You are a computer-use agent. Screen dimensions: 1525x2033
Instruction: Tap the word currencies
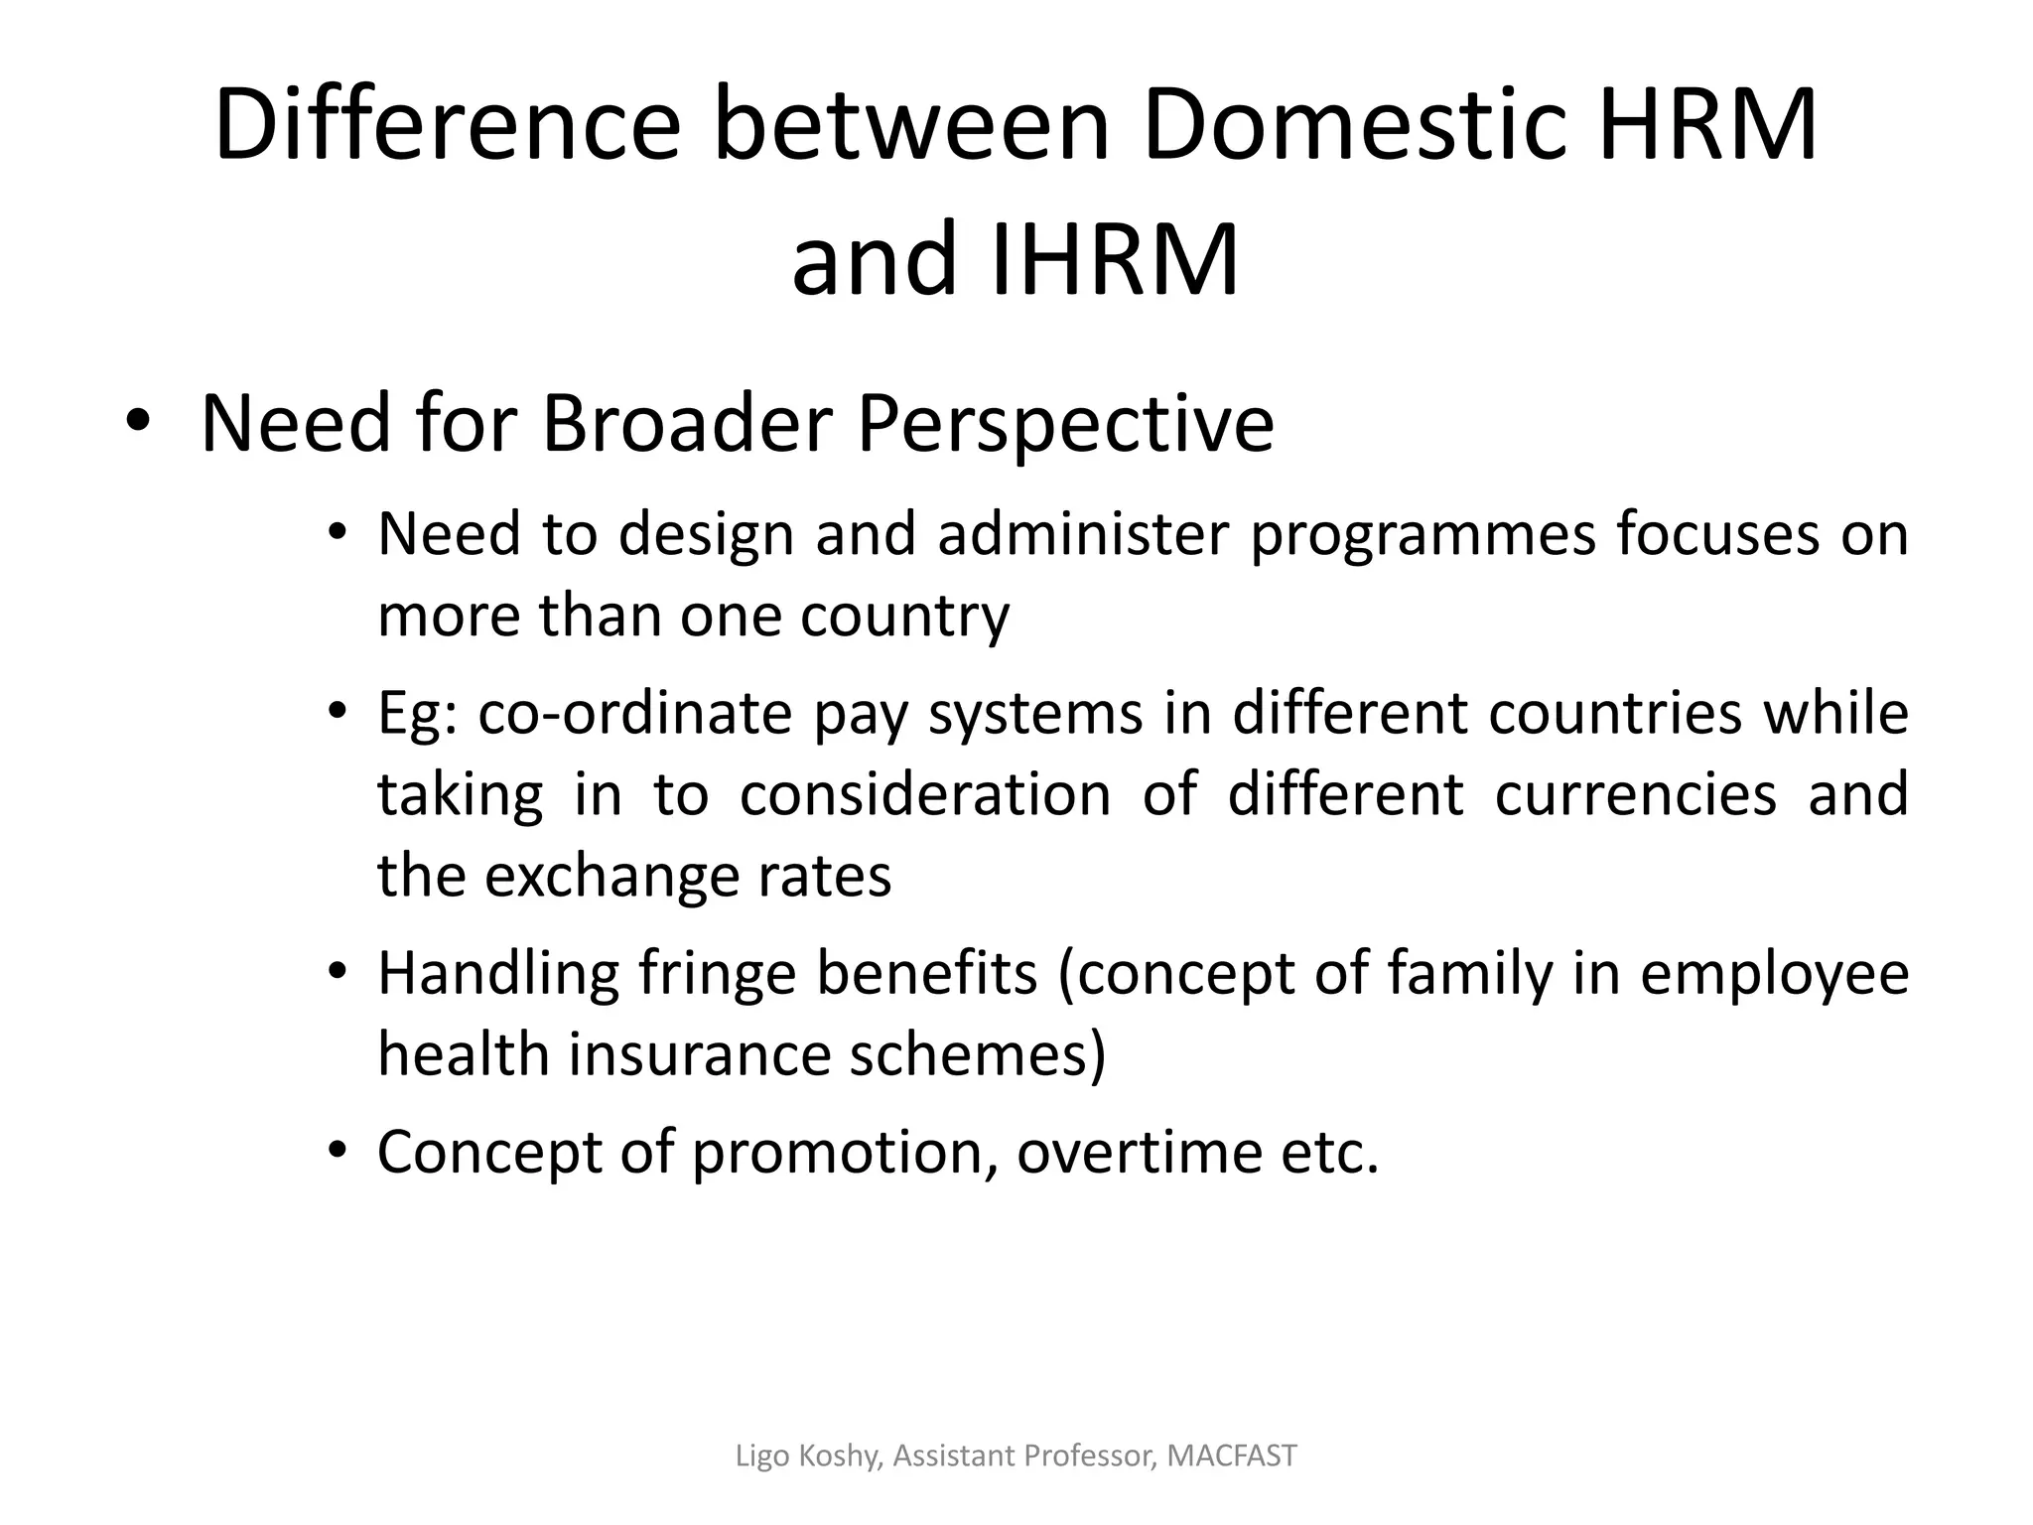click(1635, 794)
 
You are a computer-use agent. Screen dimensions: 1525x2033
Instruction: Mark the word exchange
click(610, 877)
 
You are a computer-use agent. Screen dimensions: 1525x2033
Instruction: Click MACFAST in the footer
click(1232, 1456)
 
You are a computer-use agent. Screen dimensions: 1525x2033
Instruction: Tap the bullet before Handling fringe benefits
click(339, 971)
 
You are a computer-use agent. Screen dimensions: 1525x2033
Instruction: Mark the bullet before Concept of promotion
click(339, 1150)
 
